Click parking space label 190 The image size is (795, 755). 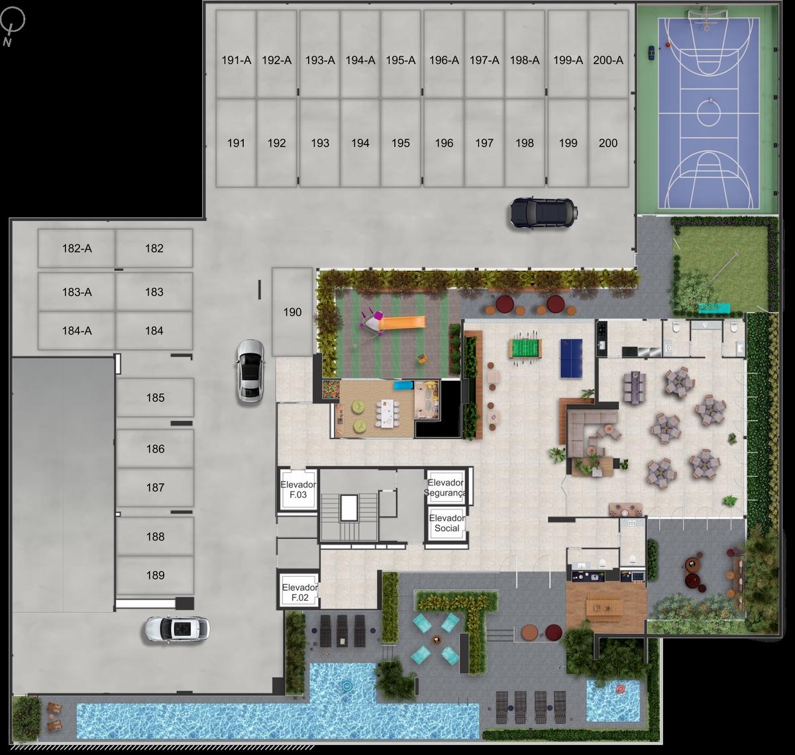click(x=292, y=312)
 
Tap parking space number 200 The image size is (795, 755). click(x=608, y=143)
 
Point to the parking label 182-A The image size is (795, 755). click(x=77, y=248)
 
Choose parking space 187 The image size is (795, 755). click(x=155, y=487)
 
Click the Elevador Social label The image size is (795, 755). click(x=447, y=523)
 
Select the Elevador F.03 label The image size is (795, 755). click(x=298, y=489)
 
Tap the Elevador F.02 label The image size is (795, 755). click(x=299, y=593)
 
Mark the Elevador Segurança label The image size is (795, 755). click(x=445, y=487)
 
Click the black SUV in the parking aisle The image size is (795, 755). click(x=543, y=213)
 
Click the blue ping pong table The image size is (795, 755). click(x=571, y=358)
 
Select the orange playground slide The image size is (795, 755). click(x=402, y=323)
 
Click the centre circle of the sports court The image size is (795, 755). click(x=708, y=114)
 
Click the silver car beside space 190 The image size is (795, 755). click(x=250, y=371)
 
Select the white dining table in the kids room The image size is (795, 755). click(x=386, y=413)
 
